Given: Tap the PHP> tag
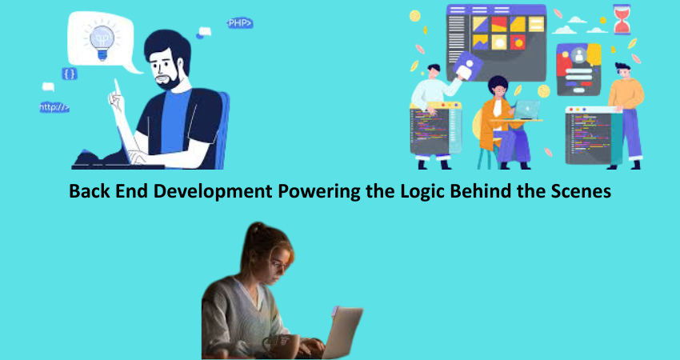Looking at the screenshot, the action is (240, 23).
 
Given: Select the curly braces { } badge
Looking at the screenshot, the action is (70, 74).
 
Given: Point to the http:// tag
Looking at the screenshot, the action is (54, 107).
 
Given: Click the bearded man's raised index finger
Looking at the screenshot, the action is (117, 86).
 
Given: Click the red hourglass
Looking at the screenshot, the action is (622, 19).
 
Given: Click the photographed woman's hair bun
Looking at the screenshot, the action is (256, 230).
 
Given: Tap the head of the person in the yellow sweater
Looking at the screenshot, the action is (623, 72).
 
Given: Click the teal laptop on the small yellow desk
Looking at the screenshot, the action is (526, 110).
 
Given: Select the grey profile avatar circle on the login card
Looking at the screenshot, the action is (578, 55).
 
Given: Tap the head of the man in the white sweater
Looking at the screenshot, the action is (434, 72).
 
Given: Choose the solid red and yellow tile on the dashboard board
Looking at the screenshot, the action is (499, 24).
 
